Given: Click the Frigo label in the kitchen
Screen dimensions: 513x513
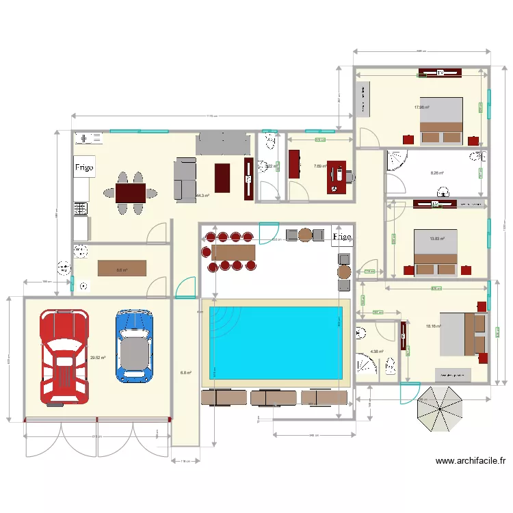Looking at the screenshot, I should (84, 166).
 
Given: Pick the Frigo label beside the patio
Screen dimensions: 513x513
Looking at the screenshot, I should (342, 237).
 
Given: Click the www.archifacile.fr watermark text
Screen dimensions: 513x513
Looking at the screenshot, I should (471, 462).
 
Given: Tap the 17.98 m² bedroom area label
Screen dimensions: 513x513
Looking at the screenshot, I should (421, 107).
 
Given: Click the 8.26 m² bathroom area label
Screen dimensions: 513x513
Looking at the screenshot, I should (437, 173).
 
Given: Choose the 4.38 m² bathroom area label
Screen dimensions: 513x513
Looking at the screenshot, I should (377, 352).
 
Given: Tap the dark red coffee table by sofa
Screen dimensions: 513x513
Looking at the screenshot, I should (223, 178).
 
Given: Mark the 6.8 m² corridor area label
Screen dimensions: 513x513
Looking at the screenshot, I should (185, 373).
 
